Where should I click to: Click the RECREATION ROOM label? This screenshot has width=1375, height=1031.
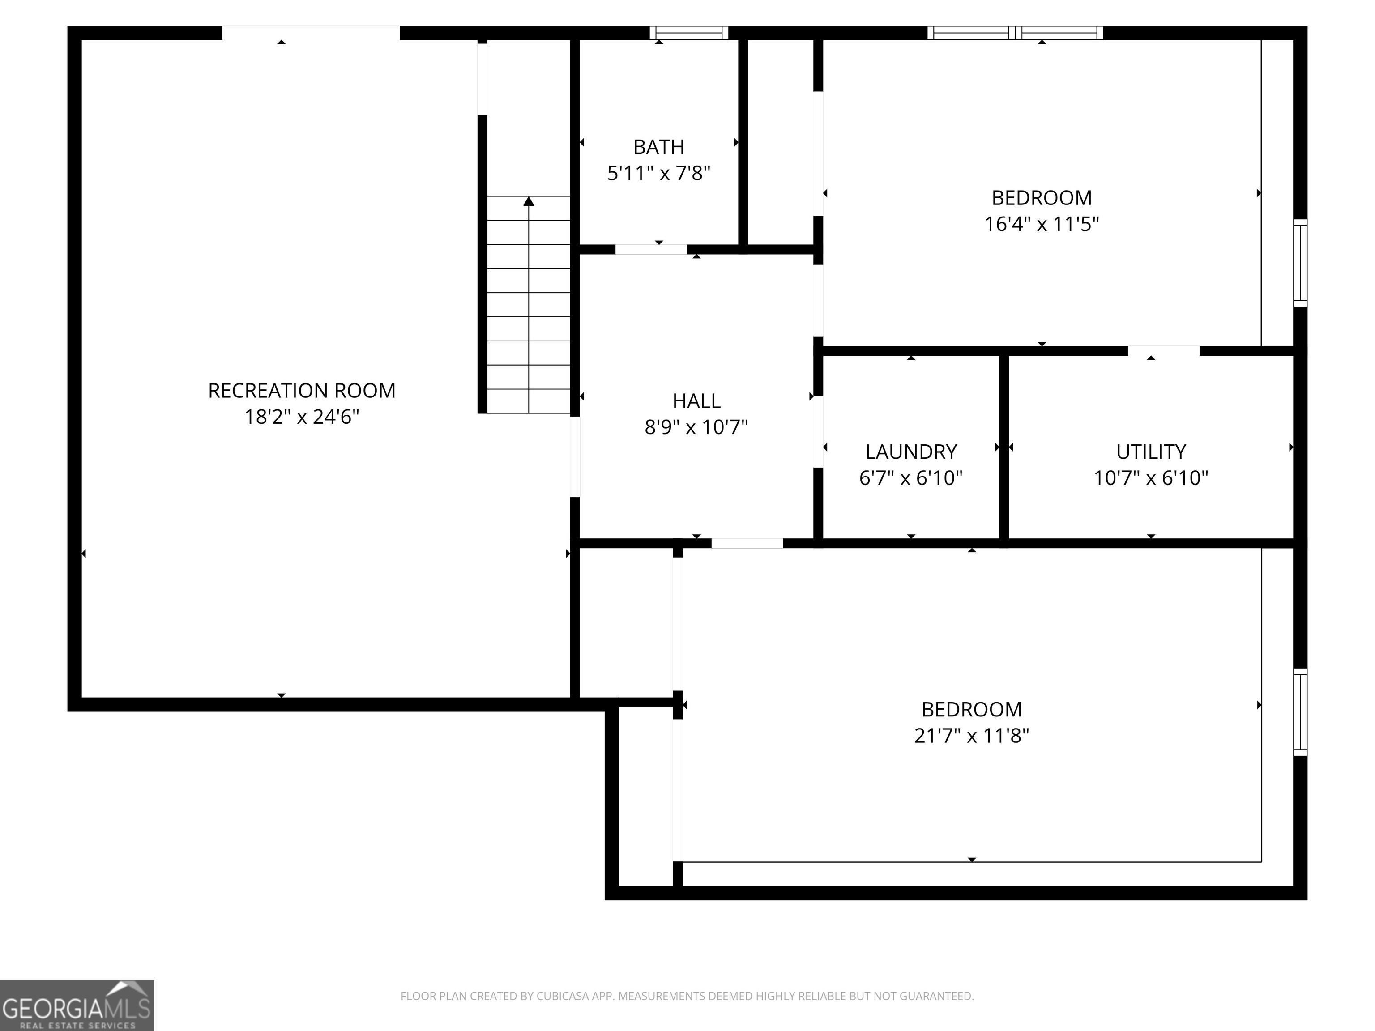tap(302, 390)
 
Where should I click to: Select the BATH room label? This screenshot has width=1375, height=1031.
tap(658, 147)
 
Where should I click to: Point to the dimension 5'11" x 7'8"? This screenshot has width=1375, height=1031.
tap(658, 173)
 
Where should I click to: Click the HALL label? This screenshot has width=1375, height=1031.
tap(696, 401)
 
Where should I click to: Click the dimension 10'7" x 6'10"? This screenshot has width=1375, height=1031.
tap(1151, 478)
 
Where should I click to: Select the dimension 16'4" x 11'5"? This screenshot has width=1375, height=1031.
tap(1041, 224)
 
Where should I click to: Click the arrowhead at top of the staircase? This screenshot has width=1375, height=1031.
tap(528, 201)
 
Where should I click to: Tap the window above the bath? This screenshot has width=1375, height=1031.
tap(689, 32)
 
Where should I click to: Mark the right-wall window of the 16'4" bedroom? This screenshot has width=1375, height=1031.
tap(1300, 263)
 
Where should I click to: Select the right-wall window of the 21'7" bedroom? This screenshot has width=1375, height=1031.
tap(1300, 712)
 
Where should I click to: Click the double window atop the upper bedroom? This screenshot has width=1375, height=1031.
tap(1015, 32)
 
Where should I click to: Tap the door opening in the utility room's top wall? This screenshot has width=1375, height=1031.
tap(1163, 351)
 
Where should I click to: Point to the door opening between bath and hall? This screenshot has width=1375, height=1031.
tap(651, 249)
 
